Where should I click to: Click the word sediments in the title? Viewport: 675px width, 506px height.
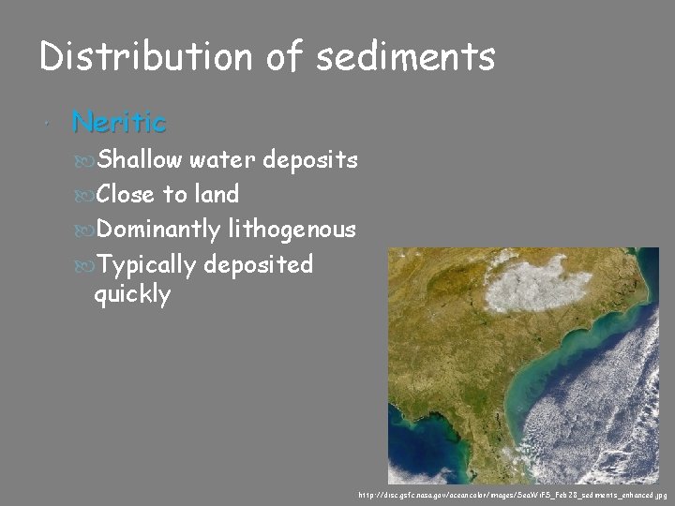405,57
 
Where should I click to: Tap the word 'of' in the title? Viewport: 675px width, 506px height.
289,57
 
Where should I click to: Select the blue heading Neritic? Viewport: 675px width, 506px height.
119,122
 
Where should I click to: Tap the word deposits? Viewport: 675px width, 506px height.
310,161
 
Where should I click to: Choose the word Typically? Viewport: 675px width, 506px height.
146,265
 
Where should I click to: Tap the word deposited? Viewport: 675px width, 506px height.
258,265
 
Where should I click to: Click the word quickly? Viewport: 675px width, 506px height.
132,296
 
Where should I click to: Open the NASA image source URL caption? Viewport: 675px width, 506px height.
512,494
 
